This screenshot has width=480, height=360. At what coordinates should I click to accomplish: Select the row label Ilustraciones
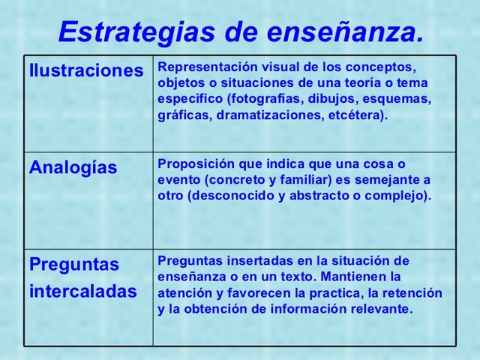click(x=86, y=71)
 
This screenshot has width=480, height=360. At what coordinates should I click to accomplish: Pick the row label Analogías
click(x=73, y=168)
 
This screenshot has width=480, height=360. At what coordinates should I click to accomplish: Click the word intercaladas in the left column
click(x=83, y=292)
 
